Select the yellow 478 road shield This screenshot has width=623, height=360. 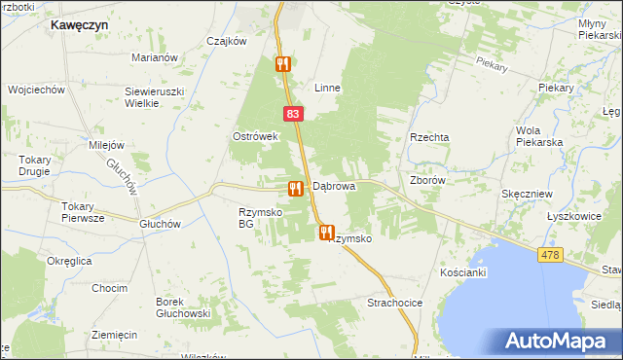coord(550,254)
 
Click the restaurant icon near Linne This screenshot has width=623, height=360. coord(283,64)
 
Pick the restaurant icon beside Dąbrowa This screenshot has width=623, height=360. coord(294,187)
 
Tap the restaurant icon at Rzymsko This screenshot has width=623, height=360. coord(325,233)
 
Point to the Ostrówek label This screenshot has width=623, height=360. coord(256,136)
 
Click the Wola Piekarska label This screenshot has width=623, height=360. coord(540,136)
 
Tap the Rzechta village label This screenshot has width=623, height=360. coord(429,138)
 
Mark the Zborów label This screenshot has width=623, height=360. coord(427,180)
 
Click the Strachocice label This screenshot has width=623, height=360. coord(394,304)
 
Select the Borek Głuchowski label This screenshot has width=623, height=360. coord(184,307)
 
